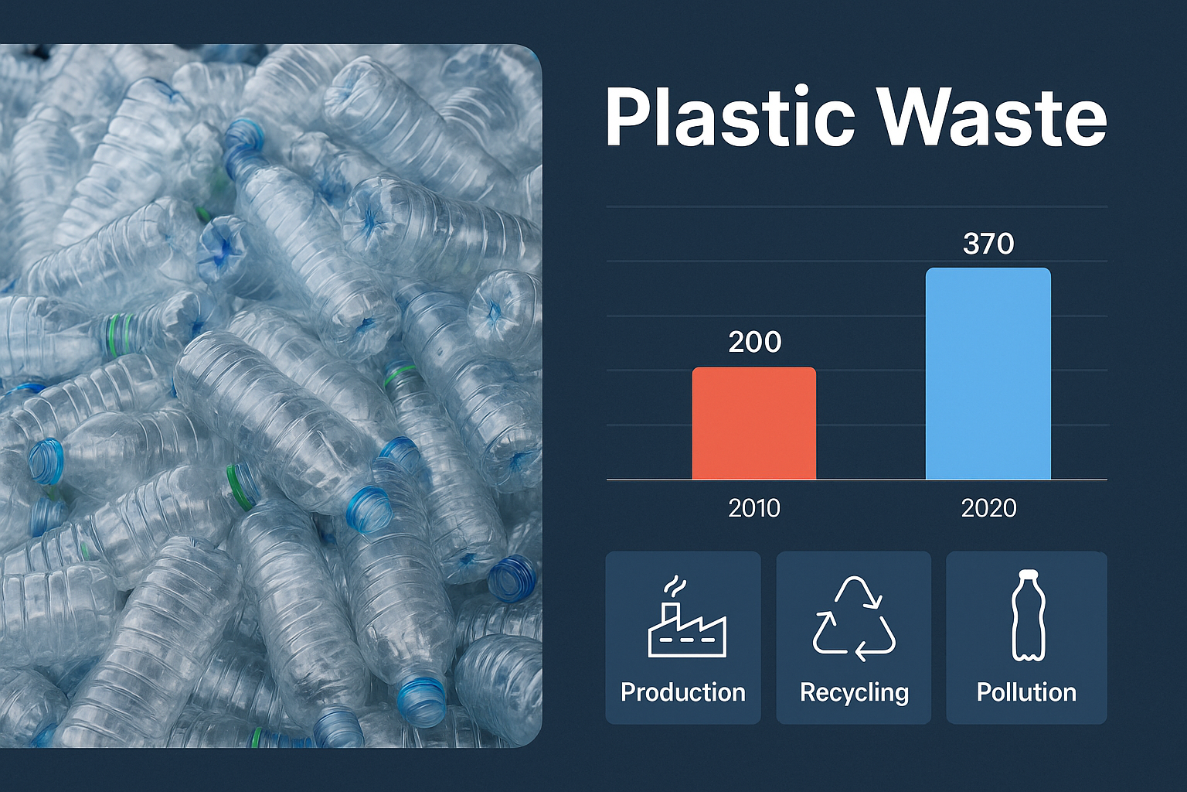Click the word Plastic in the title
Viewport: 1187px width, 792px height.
pyautogui.click(x=731, y=117)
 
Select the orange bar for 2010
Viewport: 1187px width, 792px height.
pyautogui.click(x=754, y=423)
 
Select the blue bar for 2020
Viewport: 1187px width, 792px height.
pyautogui.click(x=988, y=374)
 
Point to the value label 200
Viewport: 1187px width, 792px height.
pyautogui.click(x=754, y=342)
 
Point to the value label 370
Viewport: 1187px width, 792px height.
pyautogui.click(x=988, y=244)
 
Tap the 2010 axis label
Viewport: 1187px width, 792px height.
pyautogui.click(x=754, y=508)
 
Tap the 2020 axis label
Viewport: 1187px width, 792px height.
pyautogui.click(x=989, y=508)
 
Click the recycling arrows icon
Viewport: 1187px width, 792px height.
pyautogui.click(x=854, y=619)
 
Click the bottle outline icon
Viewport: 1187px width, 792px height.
pyautogui.click(x=1028, y=616)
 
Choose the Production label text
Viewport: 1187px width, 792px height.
pyautogui.click(x=683, y=692)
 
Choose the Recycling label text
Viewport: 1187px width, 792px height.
pyautogui.click(x=854, y=693)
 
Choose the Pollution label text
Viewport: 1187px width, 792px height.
pyautogui.click(x=1026, y=692)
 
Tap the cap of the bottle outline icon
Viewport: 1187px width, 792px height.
pyautogui.click(x=1029, y=574)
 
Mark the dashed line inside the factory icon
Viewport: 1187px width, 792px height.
pyautogui.click(x=687, y=640)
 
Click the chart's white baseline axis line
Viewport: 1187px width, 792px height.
pyautogui.click(x=857, y=480)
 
